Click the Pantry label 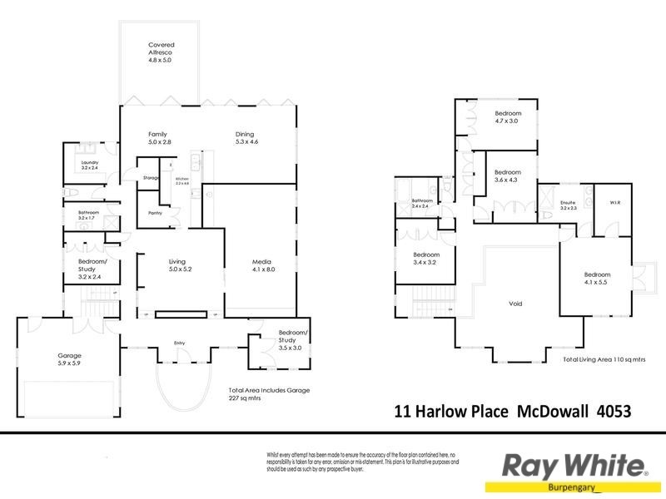point(155,213)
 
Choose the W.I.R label point(615,202)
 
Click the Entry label point(179,343)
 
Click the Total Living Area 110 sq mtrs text point(604,359)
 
